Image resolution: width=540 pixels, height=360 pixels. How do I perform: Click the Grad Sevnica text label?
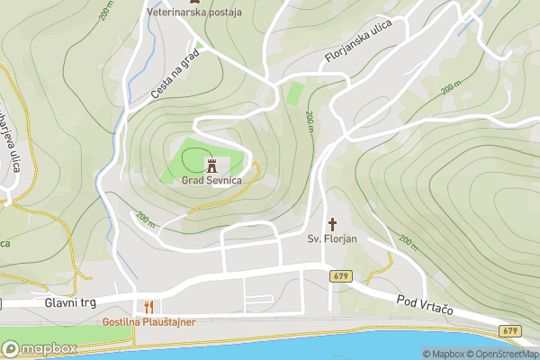click(212, 180)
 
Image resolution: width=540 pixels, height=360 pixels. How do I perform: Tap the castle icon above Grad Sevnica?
click(212, 166)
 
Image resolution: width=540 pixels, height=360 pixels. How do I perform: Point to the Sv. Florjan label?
click(333, 238)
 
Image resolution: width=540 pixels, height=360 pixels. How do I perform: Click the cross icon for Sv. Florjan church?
click(332, 223)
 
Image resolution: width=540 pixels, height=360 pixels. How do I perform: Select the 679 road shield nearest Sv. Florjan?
click(339, 275)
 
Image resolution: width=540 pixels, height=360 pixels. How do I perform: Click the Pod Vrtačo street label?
click(423, 304)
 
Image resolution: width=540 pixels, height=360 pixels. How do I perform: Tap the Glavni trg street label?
click(69, 303)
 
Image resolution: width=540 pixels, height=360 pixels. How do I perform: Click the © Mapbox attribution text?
click(447, 354)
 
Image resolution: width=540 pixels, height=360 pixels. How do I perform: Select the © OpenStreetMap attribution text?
click(506, 354)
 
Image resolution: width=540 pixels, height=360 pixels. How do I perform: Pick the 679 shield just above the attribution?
click(511, 331)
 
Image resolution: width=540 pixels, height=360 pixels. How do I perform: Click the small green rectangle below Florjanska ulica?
click(293, 94)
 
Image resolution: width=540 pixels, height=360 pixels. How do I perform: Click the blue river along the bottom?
click(360, 346)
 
